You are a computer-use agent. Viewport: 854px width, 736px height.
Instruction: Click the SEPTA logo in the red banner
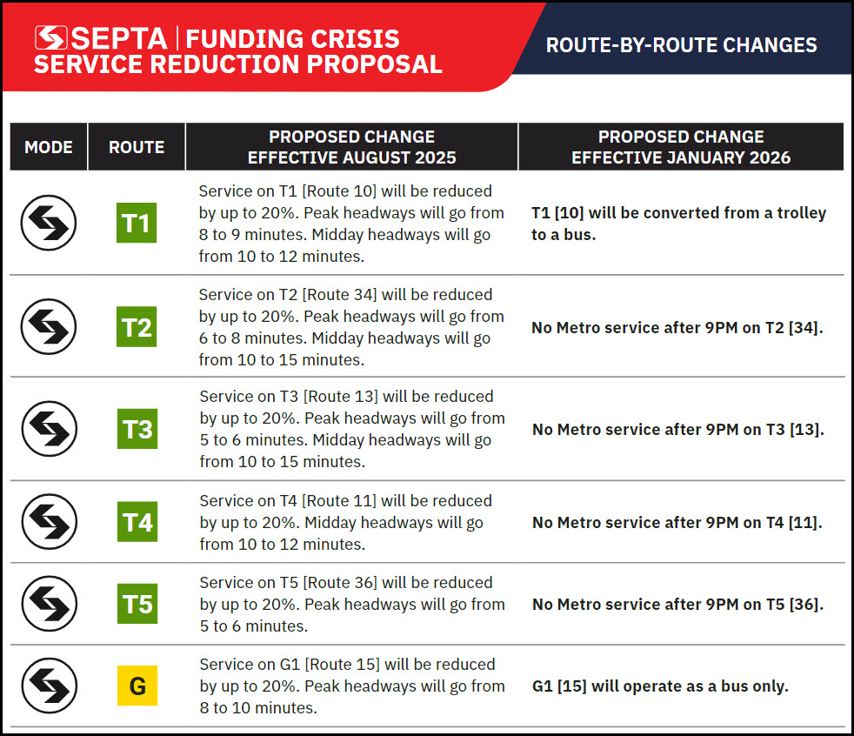[x=101, y=38]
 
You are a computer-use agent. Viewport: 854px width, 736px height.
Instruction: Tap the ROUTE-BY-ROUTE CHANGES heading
[x=681, y=45]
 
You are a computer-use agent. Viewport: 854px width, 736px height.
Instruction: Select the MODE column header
[x=49, y=147]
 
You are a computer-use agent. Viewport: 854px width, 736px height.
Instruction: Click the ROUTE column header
[x=137, y=147]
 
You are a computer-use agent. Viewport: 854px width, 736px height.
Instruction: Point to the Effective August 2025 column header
[x=351, y=147]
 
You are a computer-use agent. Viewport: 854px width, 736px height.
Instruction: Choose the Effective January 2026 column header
[x=681, y=147]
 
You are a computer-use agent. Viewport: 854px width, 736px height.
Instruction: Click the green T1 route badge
[x=137, y=224]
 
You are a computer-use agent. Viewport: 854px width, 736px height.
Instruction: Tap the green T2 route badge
[x=137, y=327]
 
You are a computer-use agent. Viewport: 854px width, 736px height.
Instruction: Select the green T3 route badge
[x=137, y=429]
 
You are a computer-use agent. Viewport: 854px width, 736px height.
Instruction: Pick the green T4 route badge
[x=137, y=522]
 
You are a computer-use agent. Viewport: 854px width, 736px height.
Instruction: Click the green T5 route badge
[x=137, y=604]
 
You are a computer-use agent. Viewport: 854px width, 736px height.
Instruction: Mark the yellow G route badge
[x=137, y=686]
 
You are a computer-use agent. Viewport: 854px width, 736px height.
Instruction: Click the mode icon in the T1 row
[x=49, y=224]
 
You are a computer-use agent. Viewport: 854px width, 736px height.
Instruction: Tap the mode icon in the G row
[x=49, y=686]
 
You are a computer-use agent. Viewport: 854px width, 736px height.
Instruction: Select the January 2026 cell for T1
[x=678, y=224]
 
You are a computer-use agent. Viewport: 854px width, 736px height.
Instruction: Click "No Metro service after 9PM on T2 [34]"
[x=677, y=328]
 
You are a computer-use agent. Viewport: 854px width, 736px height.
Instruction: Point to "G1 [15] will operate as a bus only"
[x=660, y=686]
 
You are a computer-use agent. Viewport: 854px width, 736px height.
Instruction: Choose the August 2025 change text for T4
[x=346, y=522]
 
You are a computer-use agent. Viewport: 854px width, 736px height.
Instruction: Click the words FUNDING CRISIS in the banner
[x=292, y=38]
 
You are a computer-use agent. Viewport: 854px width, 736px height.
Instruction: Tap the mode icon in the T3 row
[x=49, y=429]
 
